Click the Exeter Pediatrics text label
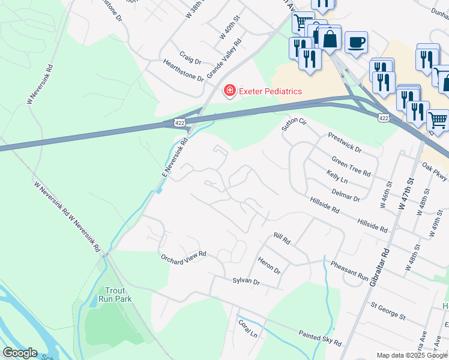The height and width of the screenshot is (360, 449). tap(270, 91)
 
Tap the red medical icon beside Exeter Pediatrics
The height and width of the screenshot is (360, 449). tap(229, 91)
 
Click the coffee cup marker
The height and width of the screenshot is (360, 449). tap(356, 42)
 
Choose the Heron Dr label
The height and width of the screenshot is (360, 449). tap(268, 266)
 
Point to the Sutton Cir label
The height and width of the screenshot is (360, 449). tap(294, 125)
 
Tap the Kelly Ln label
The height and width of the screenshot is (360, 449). tap(337, 177)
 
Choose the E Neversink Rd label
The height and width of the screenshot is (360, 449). tap(175, 157)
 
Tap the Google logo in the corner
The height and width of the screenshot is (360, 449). tap(20, 353)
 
